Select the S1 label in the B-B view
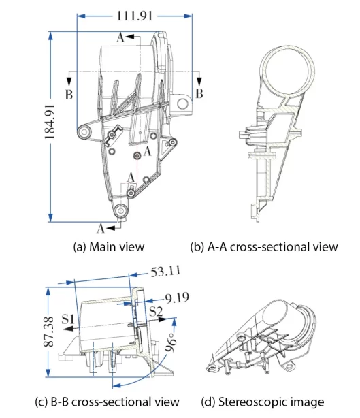pos(67,317)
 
